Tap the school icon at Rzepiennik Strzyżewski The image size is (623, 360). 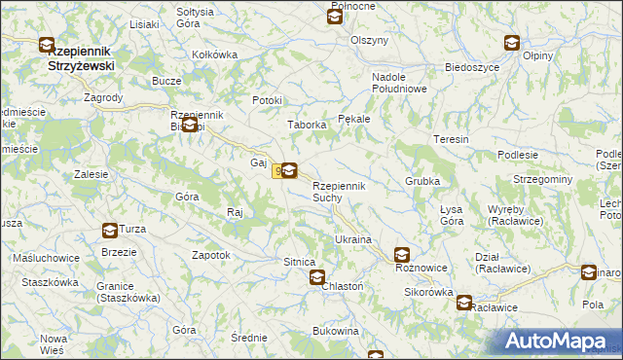coord(47,44)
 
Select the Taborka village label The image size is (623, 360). coord(305,126)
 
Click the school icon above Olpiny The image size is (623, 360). coord(512,42)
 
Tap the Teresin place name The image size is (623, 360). coord(452,139)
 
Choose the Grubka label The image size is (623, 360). coord(423,182)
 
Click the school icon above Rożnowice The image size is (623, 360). coord(402,255)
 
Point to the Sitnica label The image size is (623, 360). coord(299,263)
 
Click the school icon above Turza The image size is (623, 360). coord(110,231)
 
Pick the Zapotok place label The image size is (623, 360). coord(211,255)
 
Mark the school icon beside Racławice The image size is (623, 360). coord(464,303)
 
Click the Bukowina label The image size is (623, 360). coord(336,332)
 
